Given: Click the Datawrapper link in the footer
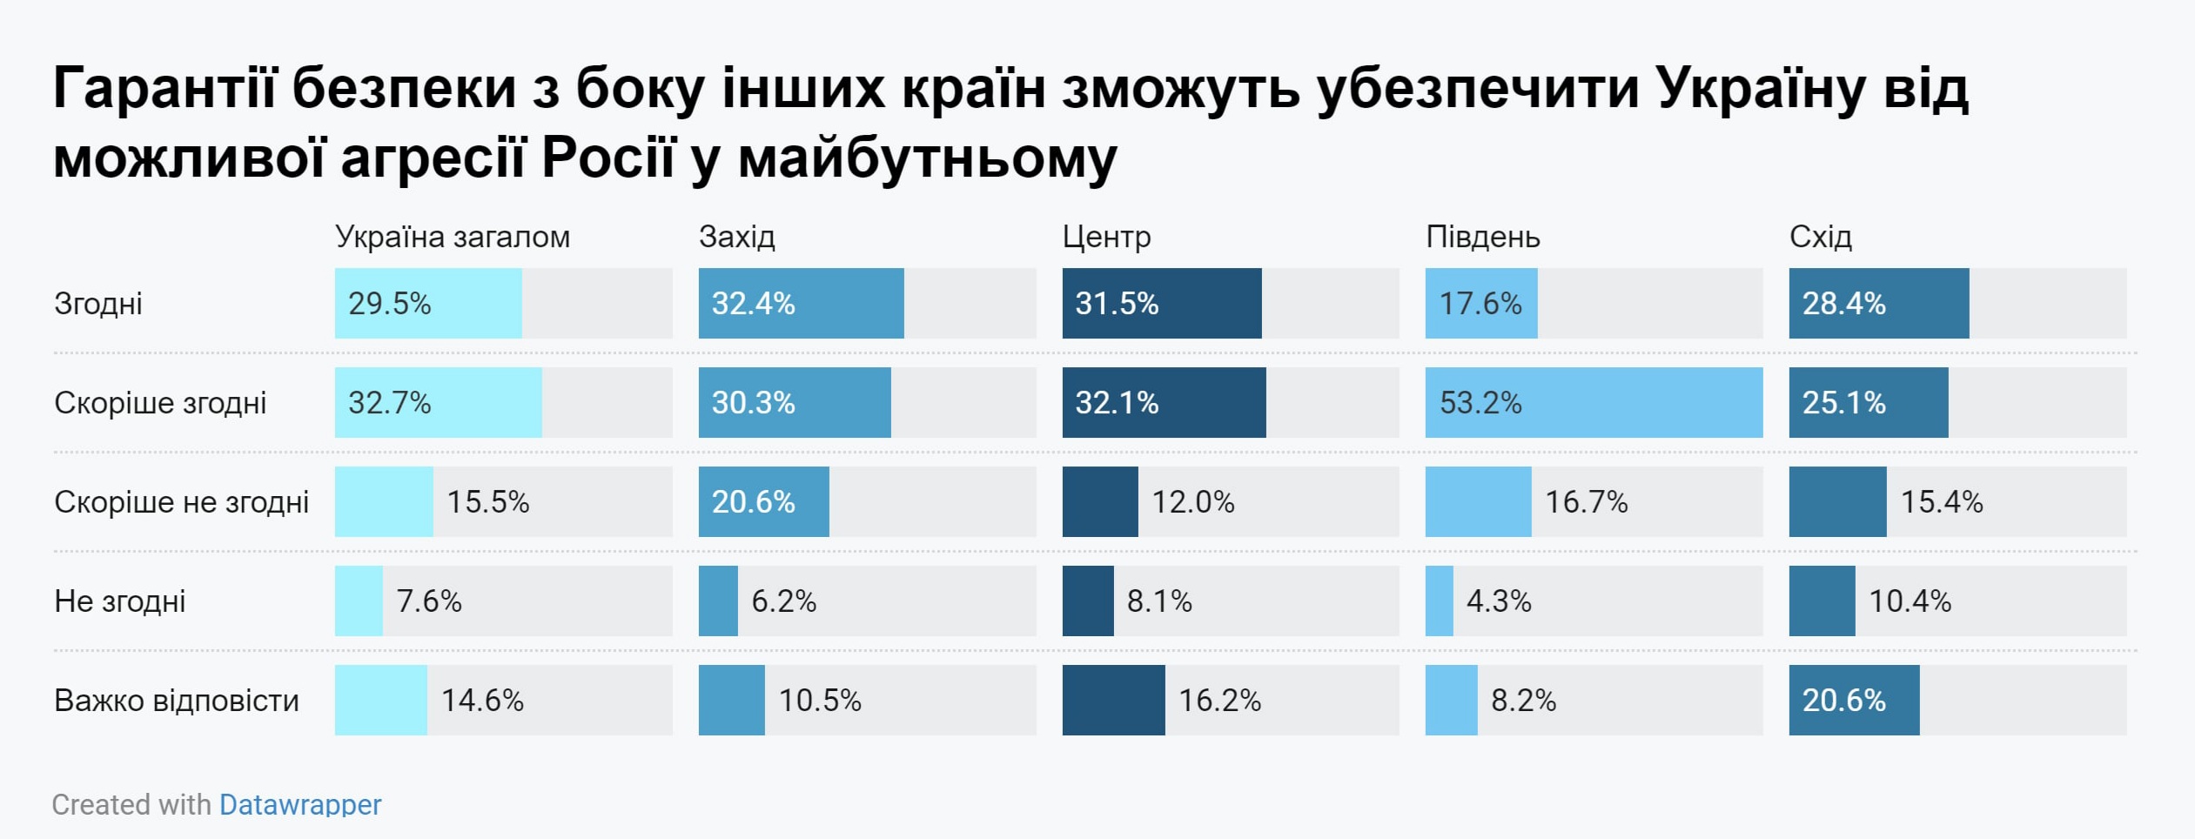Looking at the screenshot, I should [x=299, y=804].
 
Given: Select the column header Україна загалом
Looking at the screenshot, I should [x=452, y=237].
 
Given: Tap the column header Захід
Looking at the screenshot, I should [x=736, y=237].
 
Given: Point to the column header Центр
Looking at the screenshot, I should [x=1106, y=237].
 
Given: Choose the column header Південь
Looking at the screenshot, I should [x=1482, y=237].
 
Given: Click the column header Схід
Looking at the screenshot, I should [x=1820, y=237].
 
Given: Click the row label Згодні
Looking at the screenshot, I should [x=98, y=304].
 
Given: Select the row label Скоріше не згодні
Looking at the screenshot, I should [x=181, y=502].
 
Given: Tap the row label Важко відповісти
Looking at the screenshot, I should [x=177, y=701].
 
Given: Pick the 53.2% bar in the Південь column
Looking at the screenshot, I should [x=1593, y=403].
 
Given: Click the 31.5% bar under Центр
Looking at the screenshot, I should [x=1161, y=304].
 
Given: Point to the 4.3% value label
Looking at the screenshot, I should [x=1499, y=601].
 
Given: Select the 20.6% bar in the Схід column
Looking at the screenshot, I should [x=1854, y=701].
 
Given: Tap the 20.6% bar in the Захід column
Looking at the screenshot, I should [x=763, y=502].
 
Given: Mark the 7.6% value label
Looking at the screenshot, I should [x=429, y=601].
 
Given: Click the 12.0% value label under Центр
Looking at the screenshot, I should [x=1193, y=502].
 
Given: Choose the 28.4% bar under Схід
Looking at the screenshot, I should [x=1878, y=304].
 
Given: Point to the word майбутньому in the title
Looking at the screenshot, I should [x=927, y=159].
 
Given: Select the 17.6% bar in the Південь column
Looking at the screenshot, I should [x=1480, y=304].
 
